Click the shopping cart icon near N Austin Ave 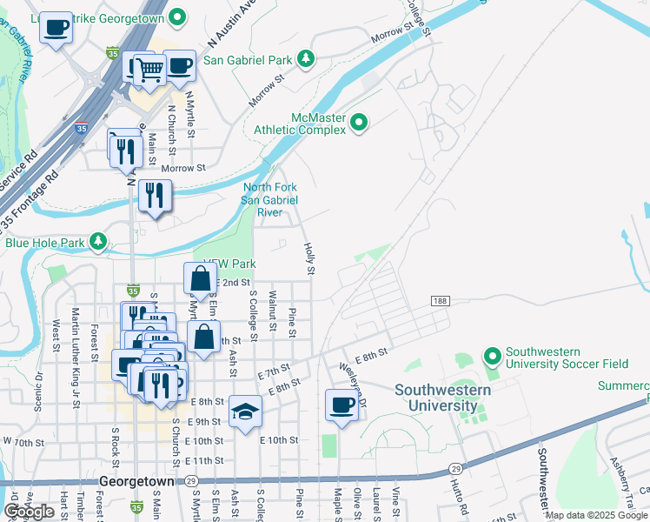150,69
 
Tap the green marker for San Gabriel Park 305,59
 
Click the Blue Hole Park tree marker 101,241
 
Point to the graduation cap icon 246,411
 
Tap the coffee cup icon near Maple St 342,405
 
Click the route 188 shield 440,300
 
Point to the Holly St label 309,259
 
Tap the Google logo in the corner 30,512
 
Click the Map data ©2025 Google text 596,515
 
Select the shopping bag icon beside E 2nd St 200,278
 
